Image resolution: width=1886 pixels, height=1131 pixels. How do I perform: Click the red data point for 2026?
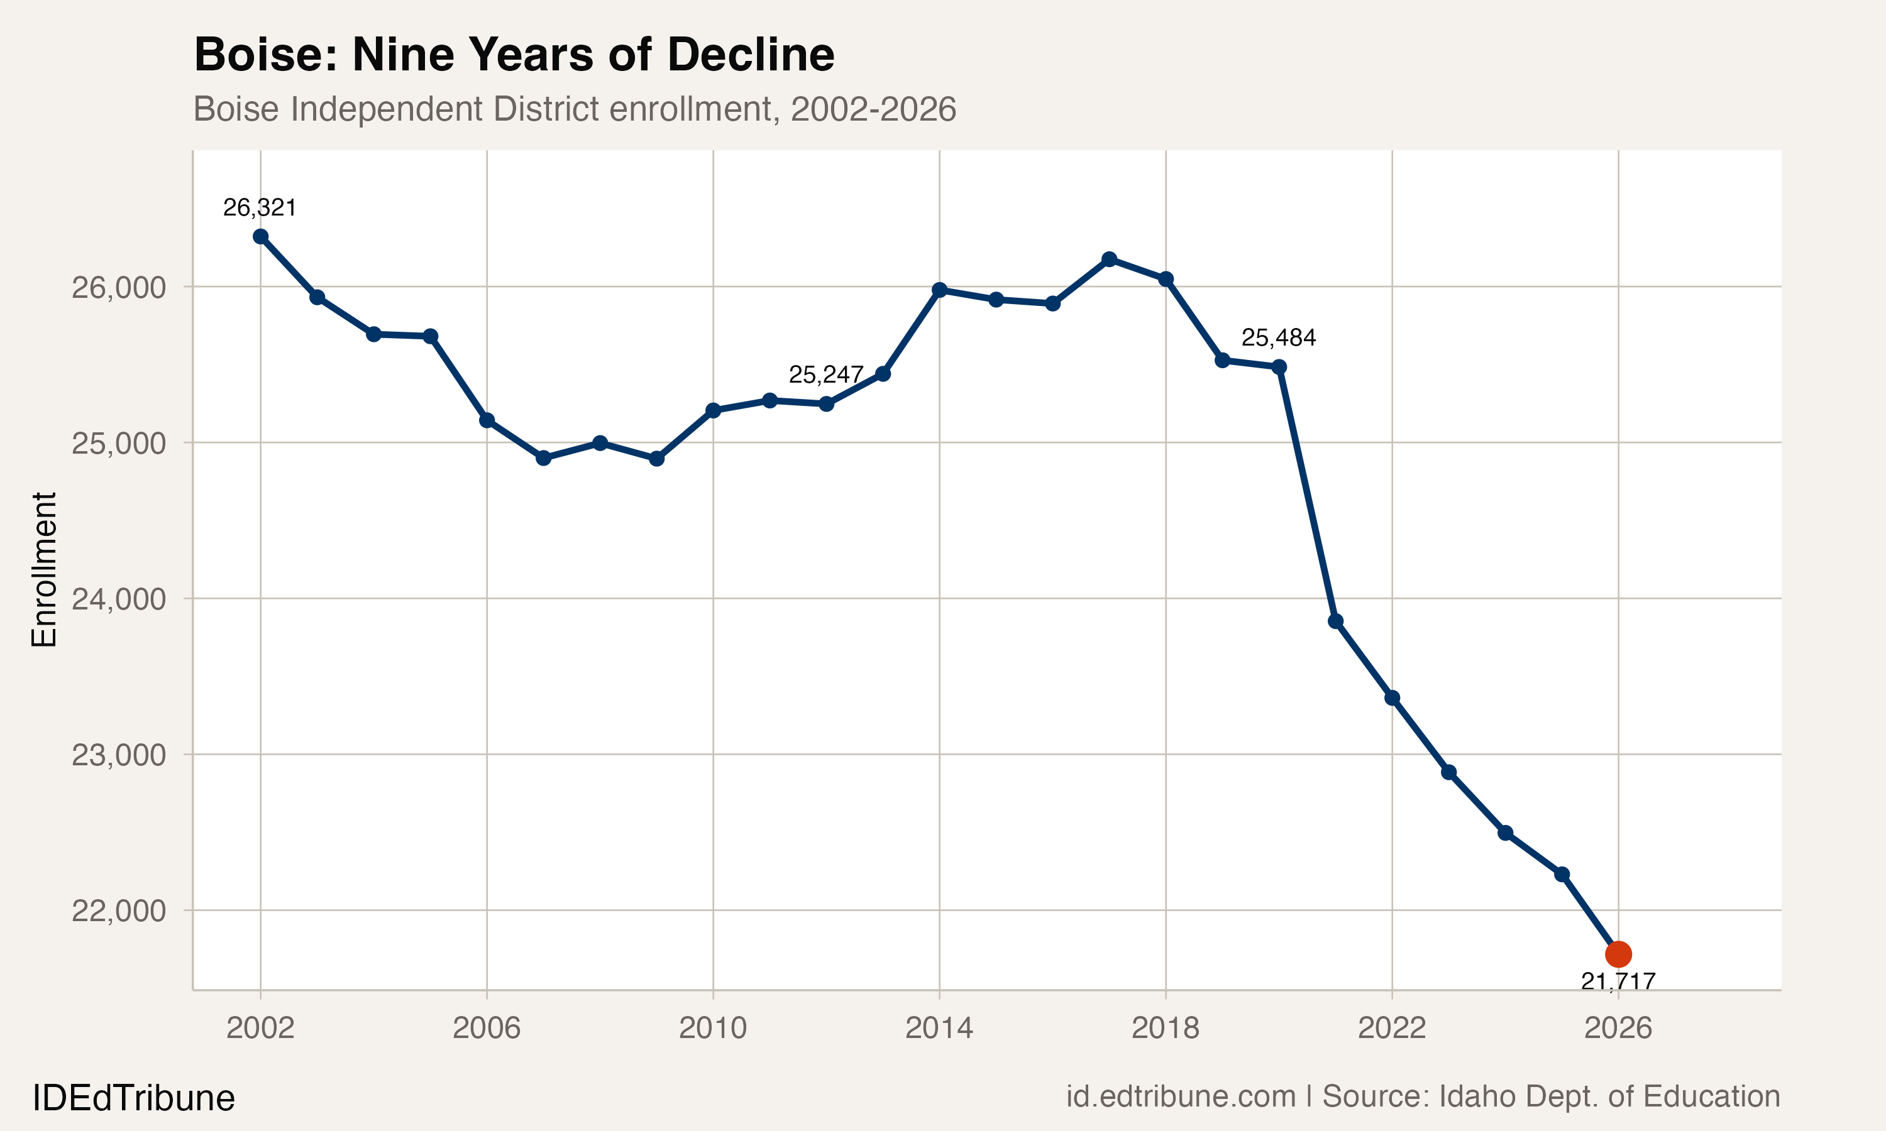(x=1618, y=953)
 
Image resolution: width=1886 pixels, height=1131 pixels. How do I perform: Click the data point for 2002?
(x=261, y=236)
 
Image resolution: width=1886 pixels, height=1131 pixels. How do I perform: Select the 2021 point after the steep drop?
(x=1335, y=621)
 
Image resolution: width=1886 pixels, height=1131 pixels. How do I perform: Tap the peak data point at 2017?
(x=1109, y=259)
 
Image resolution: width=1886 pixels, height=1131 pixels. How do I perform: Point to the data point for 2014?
(x=939, y=290)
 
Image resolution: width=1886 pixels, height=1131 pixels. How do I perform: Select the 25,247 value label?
(x=825, y=374)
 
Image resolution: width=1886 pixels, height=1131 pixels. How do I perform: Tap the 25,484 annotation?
(x=1279, y=337)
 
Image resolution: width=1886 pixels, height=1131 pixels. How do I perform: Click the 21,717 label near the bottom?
(x=1618, y=981)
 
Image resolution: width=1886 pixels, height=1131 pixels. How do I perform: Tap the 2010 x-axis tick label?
(x=713, y=1028)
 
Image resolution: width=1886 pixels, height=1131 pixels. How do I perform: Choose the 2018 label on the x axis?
(x=1165, y=1028)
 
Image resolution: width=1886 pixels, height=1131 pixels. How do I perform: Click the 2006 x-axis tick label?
(x=487, y=1028)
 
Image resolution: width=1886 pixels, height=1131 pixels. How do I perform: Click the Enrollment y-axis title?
(x=44, y=569)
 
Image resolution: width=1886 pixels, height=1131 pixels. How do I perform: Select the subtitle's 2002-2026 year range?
(x=873, y=109)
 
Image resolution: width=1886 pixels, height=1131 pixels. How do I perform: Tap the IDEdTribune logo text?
(x=133, y=1098)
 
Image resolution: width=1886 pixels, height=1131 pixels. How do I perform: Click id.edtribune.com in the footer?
(x=1180, y=1096)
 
